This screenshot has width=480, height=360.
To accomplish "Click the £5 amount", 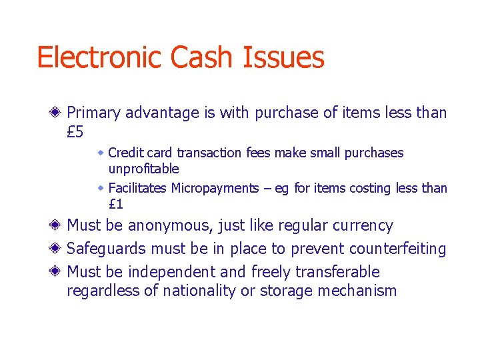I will click(x=75, y=132).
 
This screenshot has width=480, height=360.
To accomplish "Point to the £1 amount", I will click(x=115, y=205).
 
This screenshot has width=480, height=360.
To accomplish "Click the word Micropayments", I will click(x=215, y=188).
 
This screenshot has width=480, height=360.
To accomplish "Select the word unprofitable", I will click(x=143, y=169).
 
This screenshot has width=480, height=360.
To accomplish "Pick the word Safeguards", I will click(x=107, y=249).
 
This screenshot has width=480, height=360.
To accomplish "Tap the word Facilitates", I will click(x=137, y=188).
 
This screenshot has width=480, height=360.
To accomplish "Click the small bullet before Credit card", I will click(x=101, y=153).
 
